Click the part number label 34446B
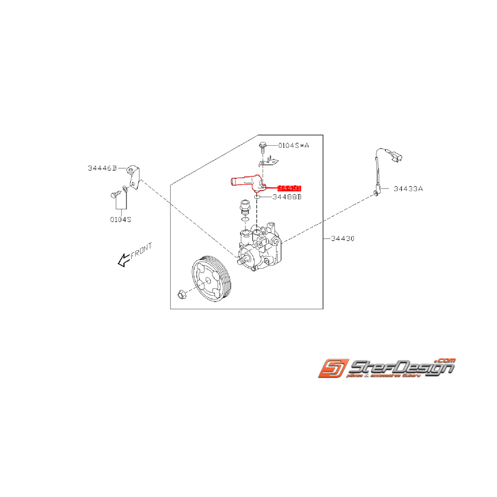(x=102, y=168)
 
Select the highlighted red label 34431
(x=289, y=188)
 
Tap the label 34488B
(x=287, y=197)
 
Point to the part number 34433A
(x=408, y=188)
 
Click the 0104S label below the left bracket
(x=121, y=218)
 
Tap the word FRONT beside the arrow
(x=141, y=250)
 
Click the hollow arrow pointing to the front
(x=123, y=261)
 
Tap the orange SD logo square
(x=333, y=368)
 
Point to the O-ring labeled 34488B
(x=257, y=196)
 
